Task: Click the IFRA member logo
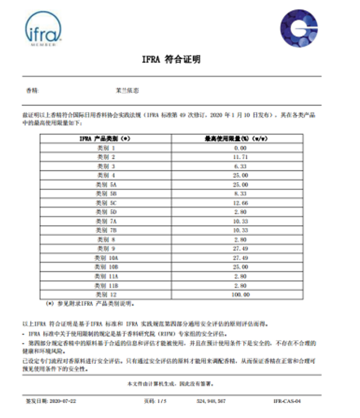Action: click(43, 29)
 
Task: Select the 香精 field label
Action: click(33, 91)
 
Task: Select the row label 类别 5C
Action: click(106, 203)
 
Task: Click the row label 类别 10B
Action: click(106, 267)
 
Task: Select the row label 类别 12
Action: click(106, 295)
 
